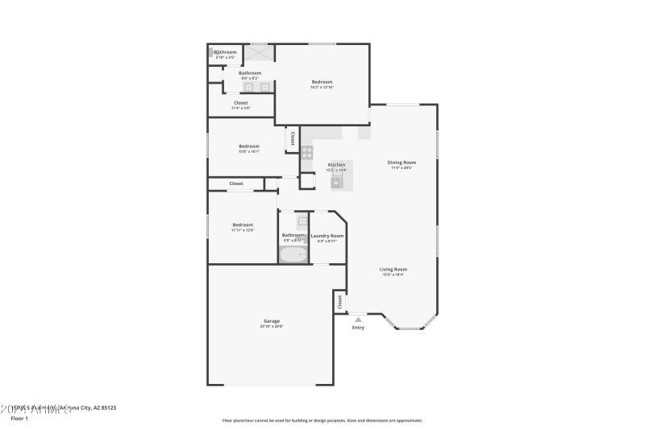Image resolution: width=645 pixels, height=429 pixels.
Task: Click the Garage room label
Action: pyautogui.click(x=271, y=320)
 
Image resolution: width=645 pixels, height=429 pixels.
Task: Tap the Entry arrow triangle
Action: pyautogui.click(x=358, y=320)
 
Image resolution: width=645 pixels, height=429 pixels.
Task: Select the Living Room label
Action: pyautogui.click(x=393, y=269)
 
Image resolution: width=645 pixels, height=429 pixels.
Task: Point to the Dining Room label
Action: pyautogui.click(x=402, y=163)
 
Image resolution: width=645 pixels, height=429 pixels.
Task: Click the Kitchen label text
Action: pyautogui.click(x=336, y=165)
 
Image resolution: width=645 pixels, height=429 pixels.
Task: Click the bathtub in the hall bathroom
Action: pyautogui.click(x=293, y=255)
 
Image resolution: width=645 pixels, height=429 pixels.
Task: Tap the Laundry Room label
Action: pyautogui.click(x=327, y=236)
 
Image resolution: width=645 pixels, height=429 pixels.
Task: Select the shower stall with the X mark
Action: pyautogui.click(x=260, y=53)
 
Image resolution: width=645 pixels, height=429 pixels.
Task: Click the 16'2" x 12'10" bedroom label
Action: pyautogui.click(x=322, y=82)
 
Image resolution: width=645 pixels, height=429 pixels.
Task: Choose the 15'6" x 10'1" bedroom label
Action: pyautogui.click(x=248, y=146)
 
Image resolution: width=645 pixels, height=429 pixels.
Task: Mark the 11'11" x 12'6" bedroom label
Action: pyautogui.click(x=243, y=225)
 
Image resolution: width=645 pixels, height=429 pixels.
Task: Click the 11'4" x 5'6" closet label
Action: pyautogui.click(x=241, y=103)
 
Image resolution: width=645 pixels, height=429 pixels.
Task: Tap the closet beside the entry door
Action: pyautogui.click(x=339, y=302)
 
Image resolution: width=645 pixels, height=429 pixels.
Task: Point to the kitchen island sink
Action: pyautogui.click(x=338, y=183)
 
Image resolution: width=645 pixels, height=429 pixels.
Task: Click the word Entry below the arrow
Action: pyautogui.click(x=358, y=328)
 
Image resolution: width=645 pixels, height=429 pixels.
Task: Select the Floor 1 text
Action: pyautogui.click(x=19, y=419)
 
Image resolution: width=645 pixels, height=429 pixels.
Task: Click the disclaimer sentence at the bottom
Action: pyautogui.click(x=322, y=420)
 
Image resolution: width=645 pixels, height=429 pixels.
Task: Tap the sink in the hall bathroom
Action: pyautogui.click(x=302, y=221)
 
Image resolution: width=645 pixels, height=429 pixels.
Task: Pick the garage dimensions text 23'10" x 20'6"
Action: pyautogui.click(x=271, y=326)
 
